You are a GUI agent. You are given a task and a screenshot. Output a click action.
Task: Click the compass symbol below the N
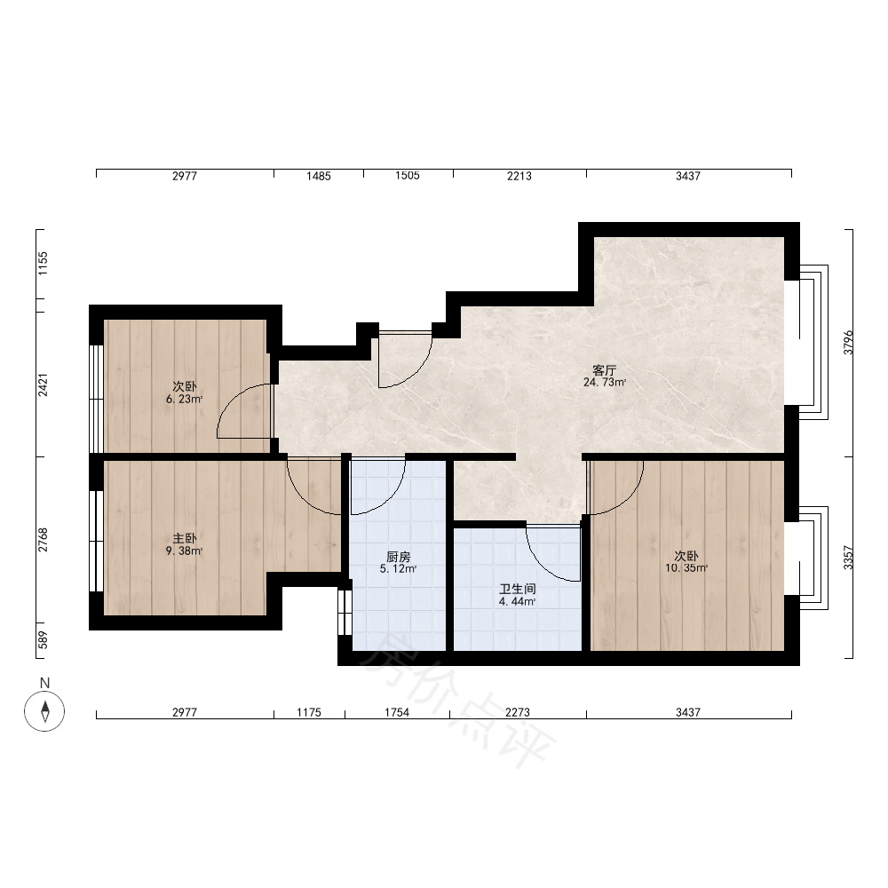[44, 710]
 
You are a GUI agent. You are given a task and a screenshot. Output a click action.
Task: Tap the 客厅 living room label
[604, 370]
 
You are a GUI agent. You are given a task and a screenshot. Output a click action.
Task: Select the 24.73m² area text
[604, 383]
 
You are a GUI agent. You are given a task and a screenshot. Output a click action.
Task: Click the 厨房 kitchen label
[398, 558]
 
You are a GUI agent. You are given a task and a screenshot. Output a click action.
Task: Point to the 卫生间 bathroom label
[517, 590]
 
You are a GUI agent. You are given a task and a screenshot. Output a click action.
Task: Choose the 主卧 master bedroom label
[185, 538]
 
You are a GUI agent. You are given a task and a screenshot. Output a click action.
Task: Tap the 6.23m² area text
[184, 400]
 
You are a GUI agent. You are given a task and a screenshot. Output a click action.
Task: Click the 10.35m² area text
[686, 568]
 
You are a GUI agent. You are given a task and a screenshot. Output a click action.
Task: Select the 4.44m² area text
[517, 602]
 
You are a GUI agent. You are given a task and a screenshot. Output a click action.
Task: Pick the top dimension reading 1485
[318, 176]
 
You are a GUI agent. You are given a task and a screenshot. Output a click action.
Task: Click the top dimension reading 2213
[519, 176]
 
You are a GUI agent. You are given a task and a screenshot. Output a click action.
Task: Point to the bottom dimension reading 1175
[309, 712]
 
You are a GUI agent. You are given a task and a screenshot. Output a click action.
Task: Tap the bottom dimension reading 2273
[518, 712]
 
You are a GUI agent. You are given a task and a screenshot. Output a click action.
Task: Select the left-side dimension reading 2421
[44, 384]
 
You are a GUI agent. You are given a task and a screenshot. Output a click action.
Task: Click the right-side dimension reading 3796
[848, 343]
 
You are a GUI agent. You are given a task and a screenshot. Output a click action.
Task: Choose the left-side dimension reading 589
[44, 640]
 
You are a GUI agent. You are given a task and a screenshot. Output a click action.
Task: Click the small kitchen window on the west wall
[345, 612]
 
